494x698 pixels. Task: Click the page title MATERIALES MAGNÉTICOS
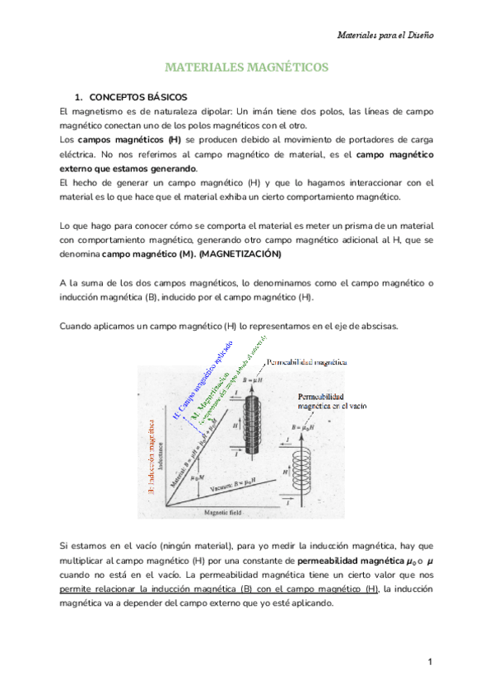pyautogui.click(x=246, y=67)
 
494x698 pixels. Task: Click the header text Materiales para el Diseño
pyautogui.click(x=386, y=35)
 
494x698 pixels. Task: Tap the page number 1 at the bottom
pyautogui.click(x=430, y=663)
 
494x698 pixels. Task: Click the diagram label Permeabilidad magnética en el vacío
pyautogui.click(x=331, y=401)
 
